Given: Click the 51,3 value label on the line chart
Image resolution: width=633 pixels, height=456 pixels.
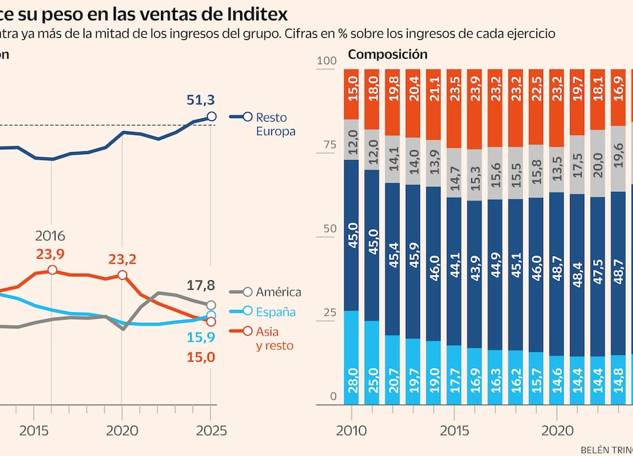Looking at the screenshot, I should coord(200,101).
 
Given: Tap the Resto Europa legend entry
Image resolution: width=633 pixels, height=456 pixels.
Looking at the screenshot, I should coord(275,124).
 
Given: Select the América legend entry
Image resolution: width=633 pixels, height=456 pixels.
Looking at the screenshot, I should coord(278,292).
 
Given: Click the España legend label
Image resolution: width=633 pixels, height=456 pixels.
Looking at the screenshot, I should coord(275,311).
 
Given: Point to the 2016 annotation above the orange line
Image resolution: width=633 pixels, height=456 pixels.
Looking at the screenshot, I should coord(50,236).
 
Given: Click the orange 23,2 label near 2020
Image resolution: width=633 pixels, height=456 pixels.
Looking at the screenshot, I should coord(122,259).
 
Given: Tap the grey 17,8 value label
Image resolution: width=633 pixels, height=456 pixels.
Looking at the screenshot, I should coord(200,284).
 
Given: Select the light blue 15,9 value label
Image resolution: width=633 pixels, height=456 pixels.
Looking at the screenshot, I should coord(200,337).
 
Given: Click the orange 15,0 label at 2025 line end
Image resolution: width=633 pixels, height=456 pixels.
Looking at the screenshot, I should coord(200,357).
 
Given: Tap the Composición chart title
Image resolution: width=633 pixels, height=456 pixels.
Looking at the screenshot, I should coord(387,55).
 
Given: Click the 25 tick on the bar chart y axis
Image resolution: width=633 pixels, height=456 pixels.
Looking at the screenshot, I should coord(329,313).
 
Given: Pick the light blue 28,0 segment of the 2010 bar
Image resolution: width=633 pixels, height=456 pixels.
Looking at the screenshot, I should coord(352,357).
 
